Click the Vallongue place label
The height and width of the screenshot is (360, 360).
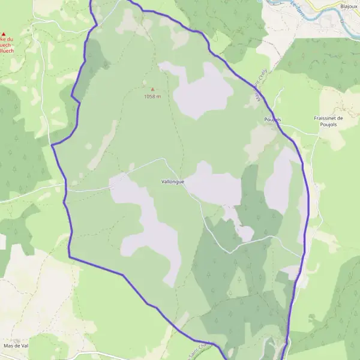coord(173,181)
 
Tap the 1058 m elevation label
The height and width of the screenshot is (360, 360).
coord(152,97)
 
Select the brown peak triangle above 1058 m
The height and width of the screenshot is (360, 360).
coord(152,89)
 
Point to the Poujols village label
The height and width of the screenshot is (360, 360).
coord(272,119)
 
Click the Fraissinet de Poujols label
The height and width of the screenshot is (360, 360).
coord(328,122)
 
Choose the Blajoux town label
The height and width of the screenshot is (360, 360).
coord(349,7)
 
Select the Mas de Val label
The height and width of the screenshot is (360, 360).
coord(16,346)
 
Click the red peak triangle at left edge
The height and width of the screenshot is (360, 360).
coord(4,34)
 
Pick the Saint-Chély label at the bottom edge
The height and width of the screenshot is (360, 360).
coord(200,349)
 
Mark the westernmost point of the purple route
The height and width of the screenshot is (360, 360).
coord(52,145)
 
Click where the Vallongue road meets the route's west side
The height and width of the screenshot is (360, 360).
coord(66,190)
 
